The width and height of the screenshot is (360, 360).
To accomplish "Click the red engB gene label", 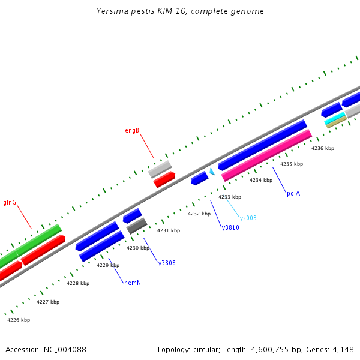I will coord(132,130).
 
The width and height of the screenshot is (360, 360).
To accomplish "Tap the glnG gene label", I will coord(10,202).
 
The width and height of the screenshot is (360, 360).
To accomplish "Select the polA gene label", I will coord(293,193).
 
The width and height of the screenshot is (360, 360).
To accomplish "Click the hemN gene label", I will coord(133,282).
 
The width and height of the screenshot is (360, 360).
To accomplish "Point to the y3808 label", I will coord(167,263).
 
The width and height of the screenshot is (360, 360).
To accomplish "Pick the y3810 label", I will coord(230,227).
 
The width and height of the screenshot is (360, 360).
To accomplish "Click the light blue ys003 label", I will coord(248,218).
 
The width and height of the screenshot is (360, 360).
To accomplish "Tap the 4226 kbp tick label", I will coord(19,320).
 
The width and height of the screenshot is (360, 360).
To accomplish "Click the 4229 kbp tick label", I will coord(108,265).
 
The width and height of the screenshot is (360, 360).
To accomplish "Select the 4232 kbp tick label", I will coord(199,214).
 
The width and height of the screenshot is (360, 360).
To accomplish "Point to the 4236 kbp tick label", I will coord(323,148).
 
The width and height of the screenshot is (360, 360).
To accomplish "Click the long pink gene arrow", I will coord(266,155).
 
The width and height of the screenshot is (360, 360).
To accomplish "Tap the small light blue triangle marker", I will coord(212,172).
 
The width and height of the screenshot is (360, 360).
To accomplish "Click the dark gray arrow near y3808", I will coord(137,226).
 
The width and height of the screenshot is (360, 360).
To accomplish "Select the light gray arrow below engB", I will coord(160,169).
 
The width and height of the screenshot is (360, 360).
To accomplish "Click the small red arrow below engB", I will coord(164,179).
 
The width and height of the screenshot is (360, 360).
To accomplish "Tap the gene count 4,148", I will coord(342,349).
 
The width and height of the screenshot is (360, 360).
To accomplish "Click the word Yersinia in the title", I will coord(112,11).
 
